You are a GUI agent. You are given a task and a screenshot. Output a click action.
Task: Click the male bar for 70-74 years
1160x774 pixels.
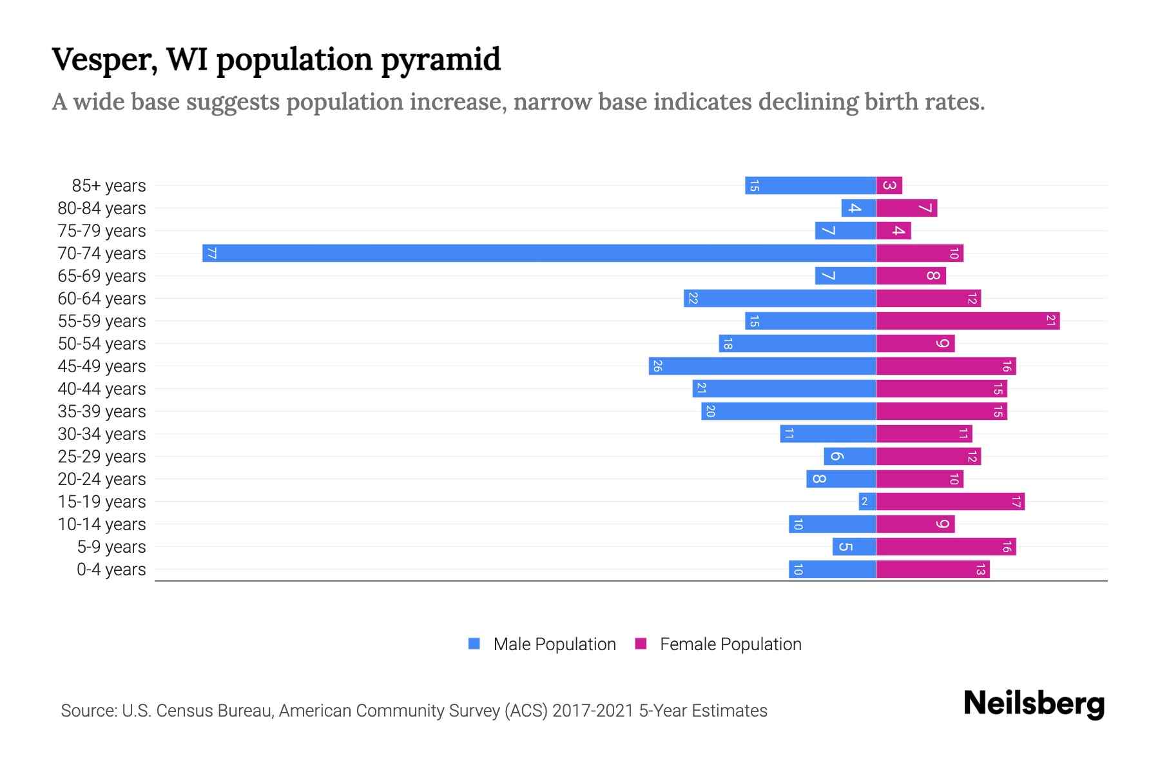(x=539, y=253)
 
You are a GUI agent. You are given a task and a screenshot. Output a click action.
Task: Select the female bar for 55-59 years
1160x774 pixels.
(x=967, y=321)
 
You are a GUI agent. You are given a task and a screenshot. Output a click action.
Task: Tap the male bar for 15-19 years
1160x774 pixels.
(x=867, y=501)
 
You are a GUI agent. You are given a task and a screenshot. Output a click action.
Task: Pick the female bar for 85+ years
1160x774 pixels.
(x=889, y=185)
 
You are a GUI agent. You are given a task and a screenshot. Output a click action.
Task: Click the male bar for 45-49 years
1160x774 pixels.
(x=762, y=366)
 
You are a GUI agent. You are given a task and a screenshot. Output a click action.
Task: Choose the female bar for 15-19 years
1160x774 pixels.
(x=950, y=501)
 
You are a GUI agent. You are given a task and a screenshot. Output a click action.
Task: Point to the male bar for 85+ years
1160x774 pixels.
(x=810, y=185)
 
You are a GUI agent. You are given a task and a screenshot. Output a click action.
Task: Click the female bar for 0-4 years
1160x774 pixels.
(x=933, y=569)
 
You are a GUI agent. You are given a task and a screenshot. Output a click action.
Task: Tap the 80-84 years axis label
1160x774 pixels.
(x=102, y=208)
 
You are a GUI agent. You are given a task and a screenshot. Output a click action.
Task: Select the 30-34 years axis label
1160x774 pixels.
(x=102, y=434)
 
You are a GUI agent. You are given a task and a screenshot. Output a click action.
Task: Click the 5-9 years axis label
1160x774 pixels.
(x=111, y=547)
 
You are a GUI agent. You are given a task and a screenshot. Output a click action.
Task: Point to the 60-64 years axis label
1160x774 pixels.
(x=102, y=299)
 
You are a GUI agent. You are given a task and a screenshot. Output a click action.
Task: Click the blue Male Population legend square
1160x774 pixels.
(x=474, y=644)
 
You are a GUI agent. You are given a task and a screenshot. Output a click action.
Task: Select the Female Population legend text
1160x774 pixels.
(x=730, y=644)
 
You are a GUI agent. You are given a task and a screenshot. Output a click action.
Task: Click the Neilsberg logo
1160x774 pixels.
(x=1034, y=704)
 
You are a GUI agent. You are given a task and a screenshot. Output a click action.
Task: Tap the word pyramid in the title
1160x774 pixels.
(x=440, y=60)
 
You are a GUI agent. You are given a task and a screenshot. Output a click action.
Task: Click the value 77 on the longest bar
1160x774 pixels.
(x=211, y=253)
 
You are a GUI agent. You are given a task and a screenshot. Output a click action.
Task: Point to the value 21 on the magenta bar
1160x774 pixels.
(x=1050, y=321)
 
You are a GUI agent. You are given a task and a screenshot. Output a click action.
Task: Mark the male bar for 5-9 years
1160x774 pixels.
(x=854, y=546)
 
